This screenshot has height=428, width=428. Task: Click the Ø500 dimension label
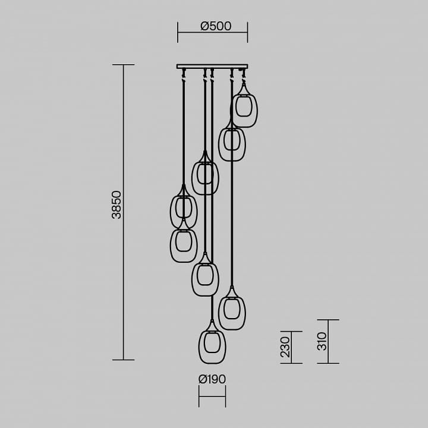coord(216,26)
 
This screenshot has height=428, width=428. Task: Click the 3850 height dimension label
coord(117,204)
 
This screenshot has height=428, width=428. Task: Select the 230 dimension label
coord(285,347)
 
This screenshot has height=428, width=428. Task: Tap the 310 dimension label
coord(322,341)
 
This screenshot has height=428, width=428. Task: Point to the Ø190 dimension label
coord(212,379)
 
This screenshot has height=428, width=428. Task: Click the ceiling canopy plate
coord(212,67)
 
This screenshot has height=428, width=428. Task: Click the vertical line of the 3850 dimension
coord(124,212)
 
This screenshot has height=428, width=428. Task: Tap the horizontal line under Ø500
coord(212,32)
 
